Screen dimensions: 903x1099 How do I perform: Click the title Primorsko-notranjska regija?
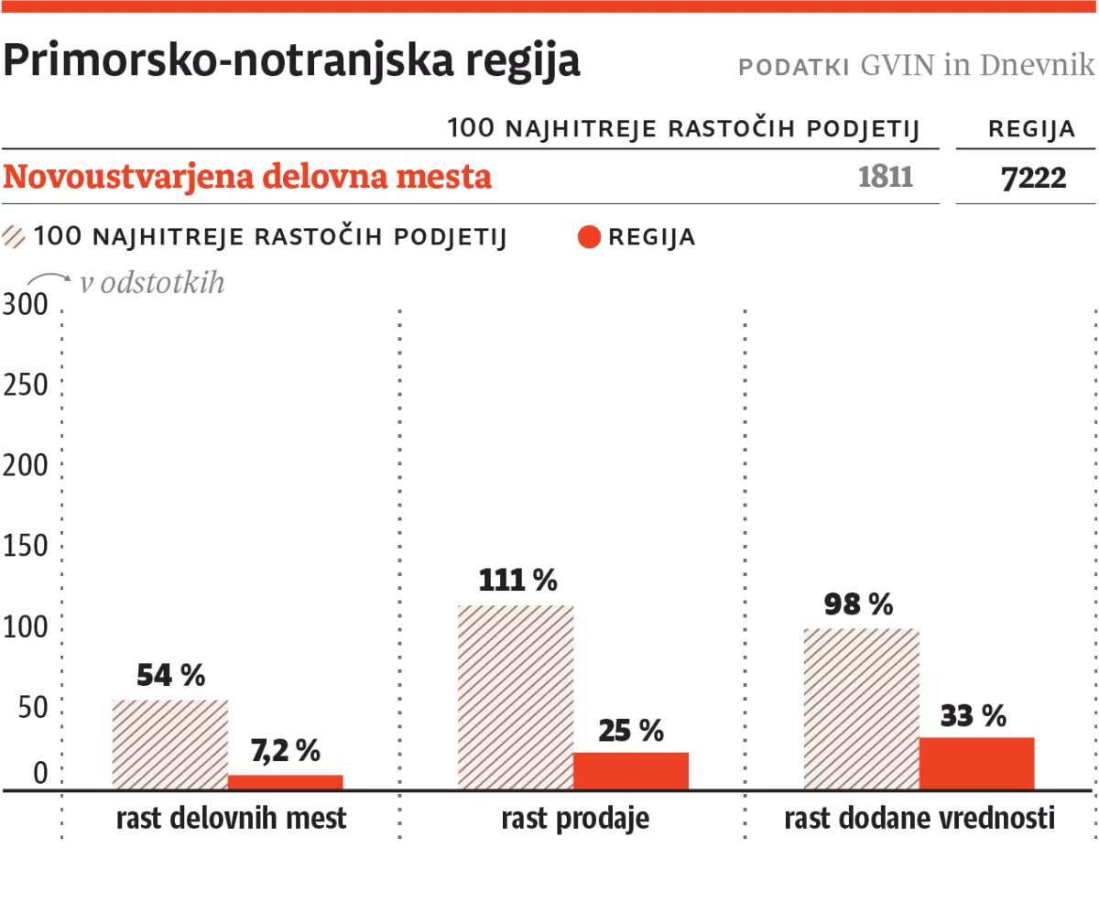[x=291, y=61]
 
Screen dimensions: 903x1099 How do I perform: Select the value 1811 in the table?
[x=886, y=177]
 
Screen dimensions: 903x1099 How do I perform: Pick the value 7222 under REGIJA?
[x=1033, y=178]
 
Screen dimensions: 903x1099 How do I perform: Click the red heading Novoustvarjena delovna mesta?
[x=247, y=177]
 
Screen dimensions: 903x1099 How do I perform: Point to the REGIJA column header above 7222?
[x=1031, y=129]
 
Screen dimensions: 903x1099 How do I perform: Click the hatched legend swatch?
[x=16, y=237]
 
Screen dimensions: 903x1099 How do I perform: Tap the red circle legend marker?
[x=590, y=238]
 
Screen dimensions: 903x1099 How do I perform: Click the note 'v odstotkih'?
[x=151, y=283]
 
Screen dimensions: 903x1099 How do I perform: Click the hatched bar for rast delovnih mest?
[x=169, y=745]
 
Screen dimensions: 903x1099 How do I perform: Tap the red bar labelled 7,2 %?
[x=285, y=782]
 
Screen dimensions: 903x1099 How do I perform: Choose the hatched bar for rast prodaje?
[x=515, y=697]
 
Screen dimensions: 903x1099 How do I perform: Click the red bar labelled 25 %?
[x=630, y=770]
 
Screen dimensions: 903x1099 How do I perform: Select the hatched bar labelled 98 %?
[x=861, y=708]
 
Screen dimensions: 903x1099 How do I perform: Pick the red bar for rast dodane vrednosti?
[x=976, y=763]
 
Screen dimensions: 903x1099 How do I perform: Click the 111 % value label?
[x=517, y=580]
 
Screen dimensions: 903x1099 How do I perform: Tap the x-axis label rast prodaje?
[x=575, y=818]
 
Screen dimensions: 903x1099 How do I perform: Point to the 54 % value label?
[x=170, y=676]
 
